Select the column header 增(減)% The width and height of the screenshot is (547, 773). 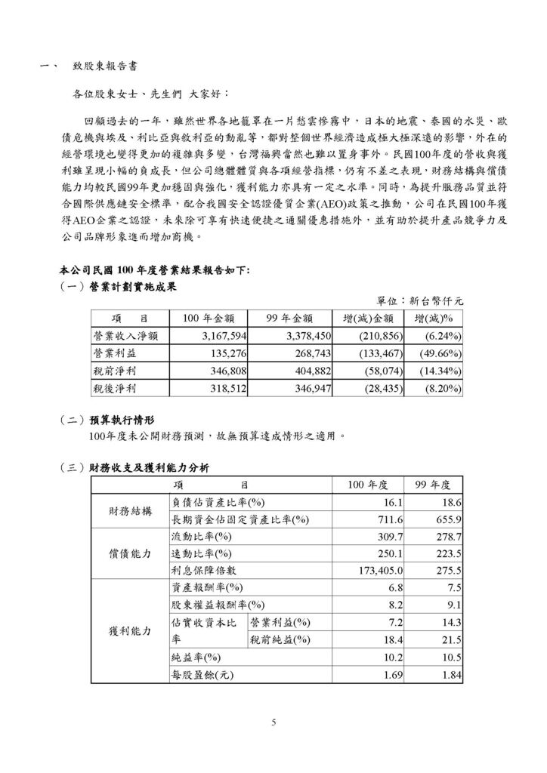434,317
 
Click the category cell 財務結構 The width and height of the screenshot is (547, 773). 130,511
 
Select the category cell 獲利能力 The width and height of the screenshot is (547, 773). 130,630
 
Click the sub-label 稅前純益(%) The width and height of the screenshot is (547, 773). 280,639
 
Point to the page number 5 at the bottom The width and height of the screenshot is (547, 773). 274,722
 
